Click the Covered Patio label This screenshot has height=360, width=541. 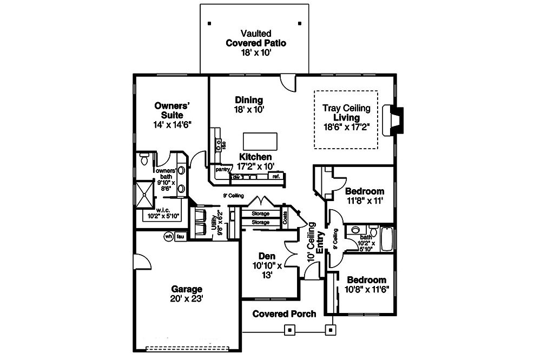[x=248, y=43]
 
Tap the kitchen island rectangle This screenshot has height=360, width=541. [x=260, y=141]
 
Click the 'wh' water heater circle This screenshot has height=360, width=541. [x=168, y=236]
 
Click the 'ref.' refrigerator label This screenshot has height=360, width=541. [x=276, y=176]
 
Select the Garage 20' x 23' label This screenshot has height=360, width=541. [x=187, y=293]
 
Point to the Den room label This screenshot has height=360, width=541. [x=267, y=256]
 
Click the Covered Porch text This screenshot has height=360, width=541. [x=284, y=314]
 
